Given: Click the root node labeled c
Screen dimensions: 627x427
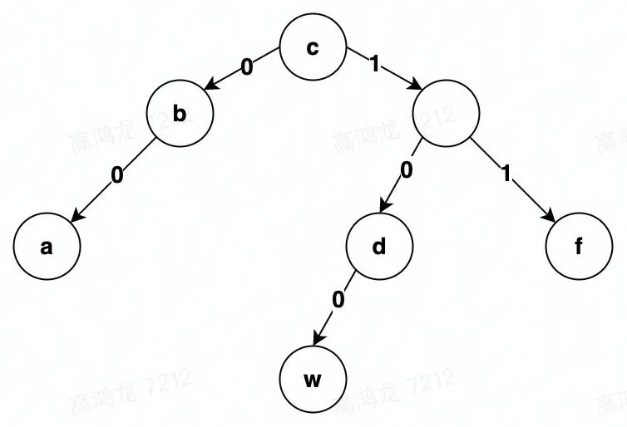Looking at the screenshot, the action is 312,48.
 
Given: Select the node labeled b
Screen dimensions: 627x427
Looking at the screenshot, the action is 180,115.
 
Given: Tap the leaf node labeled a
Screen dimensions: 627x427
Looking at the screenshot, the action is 47,247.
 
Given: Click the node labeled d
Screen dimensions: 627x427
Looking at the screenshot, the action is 379,247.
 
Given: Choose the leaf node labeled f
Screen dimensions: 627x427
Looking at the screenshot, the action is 579,247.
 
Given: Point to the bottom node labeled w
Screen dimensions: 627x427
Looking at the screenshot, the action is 312,380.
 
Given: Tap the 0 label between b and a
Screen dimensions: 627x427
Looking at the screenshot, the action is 117,176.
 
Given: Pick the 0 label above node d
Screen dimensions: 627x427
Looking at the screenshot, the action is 407,170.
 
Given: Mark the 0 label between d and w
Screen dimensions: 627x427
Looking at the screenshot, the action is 338,301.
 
